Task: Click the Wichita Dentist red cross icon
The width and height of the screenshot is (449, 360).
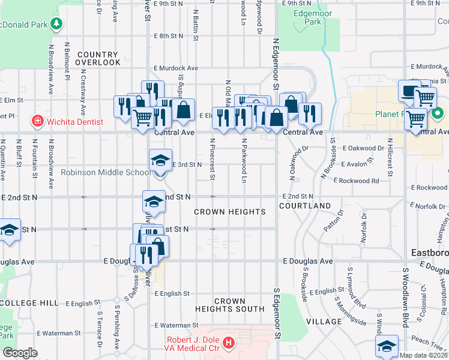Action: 37,122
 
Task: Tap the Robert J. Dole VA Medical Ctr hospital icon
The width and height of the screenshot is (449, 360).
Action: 228,343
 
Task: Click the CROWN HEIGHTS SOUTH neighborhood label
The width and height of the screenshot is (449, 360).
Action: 229,305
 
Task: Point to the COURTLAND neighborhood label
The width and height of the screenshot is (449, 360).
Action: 305,206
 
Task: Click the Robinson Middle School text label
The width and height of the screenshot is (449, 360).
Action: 106,172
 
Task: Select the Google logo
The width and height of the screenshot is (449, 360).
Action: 20,353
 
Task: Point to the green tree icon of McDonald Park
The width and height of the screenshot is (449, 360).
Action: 56,24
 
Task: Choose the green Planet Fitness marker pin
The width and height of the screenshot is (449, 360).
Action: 438,113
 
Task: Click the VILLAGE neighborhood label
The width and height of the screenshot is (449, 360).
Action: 324,322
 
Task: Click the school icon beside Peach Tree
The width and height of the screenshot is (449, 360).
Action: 387,346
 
